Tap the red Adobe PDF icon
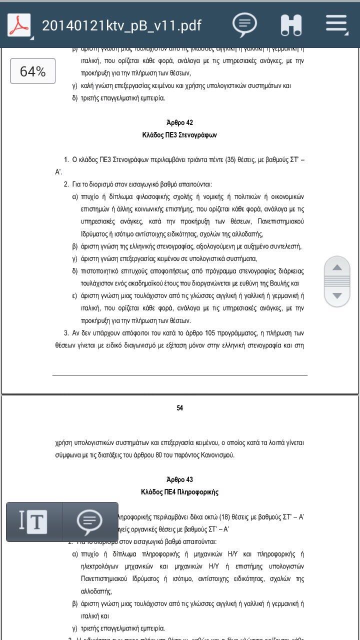tap(18, 24)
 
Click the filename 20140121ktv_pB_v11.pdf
tap(121, 25)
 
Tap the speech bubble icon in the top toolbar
tap(244, 24)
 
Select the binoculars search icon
tap(291, 24)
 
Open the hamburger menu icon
tap(336, 24)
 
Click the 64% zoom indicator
tap(33, 71)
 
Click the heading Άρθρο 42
tap(179, 122)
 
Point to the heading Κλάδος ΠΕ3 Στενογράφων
tap(179, 135)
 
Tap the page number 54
tap(179, 408)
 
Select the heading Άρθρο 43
tap(179, 479)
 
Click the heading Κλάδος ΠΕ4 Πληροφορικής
tap(179, 492)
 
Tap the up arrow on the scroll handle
tap(337, 267)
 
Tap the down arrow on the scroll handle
tap(337, 295)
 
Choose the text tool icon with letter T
tap(33, 521)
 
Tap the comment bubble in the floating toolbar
tap(89, 521)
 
